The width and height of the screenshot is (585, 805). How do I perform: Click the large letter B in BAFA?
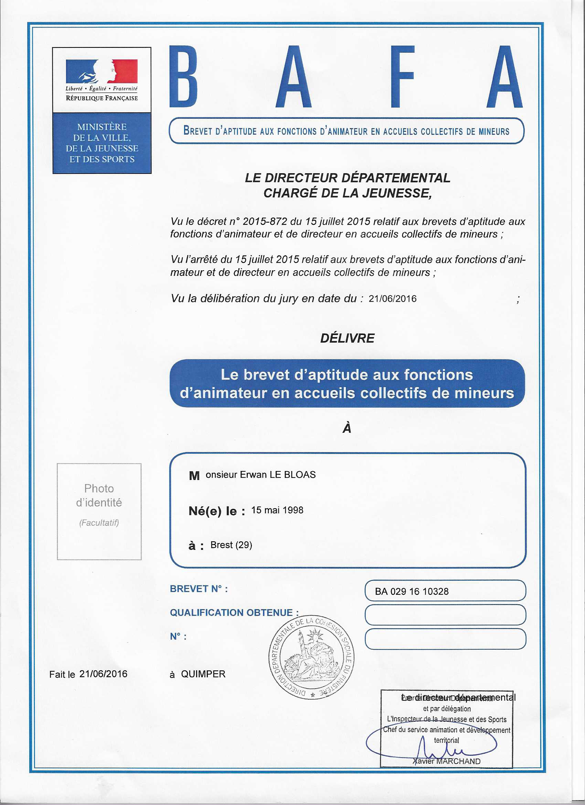183,77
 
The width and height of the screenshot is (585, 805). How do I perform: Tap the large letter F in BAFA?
402,77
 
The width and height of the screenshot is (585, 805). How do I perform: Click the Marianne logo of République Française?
102,71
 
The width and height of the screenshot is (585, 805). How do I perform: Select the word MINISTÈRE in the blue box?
102,127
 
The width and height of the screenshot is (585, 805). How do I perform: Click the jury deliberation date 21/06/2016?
392,299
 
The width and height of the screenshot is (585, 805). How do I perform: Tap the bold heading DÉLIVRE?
347,338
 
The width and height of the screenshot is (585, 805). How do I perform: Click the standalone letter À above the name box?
347,428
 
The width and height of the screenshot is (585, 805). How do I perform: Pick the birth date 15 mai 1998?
277,510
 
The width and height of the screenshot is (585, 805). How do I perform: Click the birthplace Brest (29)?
231,545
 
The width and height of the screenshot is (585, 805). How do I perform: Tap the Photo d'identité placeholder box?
99,511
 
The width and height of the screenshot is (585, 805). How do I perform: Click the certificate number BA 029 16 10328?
412,591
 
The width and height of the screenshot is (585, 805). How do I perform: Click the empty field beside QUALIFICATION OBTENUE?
445,615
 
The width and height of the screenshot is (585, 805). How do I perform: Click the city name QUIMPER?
203,674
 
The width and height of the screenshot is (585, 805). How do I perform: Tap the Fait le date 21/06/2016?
103,674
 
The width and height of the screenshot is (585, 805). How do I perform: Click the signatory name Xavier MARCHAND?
446,761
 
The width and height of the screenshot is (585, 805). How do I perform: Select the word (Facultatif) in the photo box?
99,522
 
